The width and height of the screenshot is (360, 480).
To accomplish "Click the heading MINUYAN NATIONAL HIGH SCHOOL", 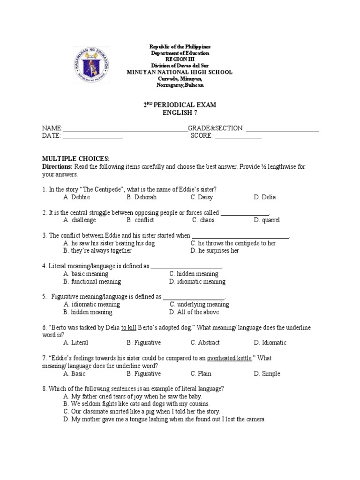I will click(x=180, y=72).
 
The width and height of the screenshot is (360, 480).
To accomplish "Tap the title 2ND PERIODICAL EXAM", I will click(x=180, y=105).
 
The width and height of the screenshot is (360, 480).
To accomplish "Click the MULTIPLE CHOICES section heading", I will click(x=76, y=159).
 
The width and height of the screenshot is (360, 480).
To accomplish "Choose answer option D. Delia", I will click(x=265, y=197).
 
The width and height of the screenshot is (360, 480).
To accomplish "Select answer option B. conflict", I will click(x=140, y=220).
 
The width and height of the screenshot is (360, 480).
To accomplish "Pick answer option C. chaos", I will click(x=203, y=220).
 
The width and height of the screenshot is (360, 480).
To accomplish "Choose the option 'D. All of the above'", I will click(x=194, y=312).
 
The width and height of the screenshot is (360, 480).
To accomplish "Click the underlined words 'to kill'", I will click(x=128, y=328).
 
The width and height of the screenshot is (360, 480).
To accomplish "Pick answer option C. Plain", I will click(x=201, y=374).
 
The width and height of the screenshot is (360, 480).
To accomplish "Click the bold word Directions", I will click(x=57, y=166).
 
